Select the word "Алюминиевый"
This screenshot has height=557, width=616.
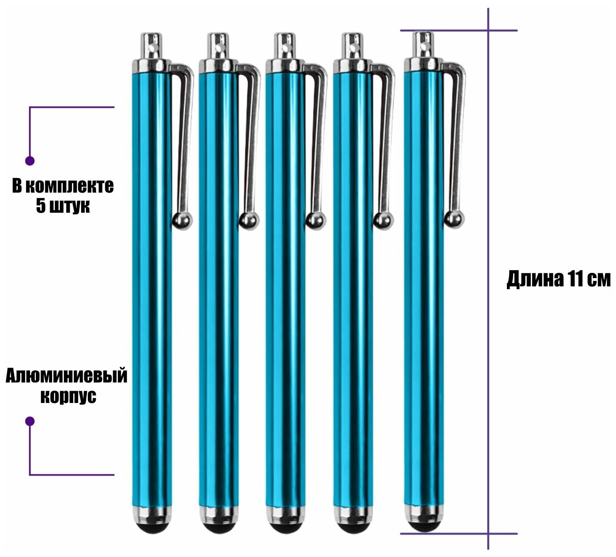(66, 376)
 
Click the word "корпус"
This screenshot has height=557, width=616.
(69, 396)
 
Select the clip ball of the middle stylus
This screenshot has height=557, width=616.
(316, 220)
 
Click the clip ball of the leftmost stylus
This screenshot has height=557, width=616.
(183, 220)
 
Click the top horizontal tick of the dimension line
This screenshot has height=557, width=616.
(459, 30)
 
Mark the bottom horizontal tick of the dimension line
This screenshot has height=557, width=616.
(459, 534)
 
